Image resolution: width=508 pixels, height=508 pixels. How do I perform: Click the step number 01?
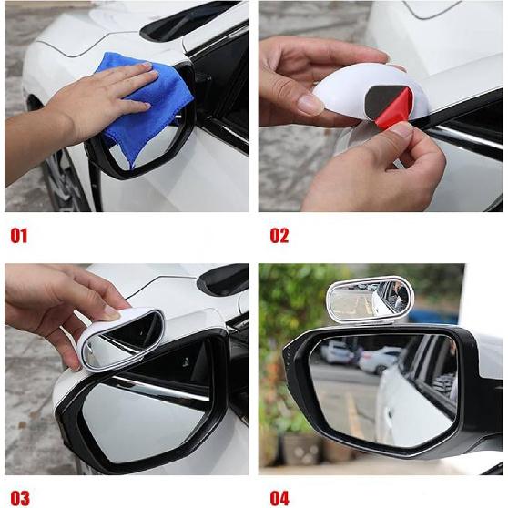click(19, 236)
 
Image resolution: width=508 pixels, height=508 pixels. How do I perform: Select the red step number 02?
click(279, 236)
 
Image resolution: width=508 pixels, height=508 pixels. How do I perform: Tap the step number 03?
click(19, 497)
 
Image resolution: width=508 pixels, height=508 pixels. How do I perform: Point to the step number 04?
click(279, 497)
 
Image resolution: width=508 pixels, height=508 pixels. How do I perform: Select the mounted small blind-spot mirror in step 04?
click(369, 300)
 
